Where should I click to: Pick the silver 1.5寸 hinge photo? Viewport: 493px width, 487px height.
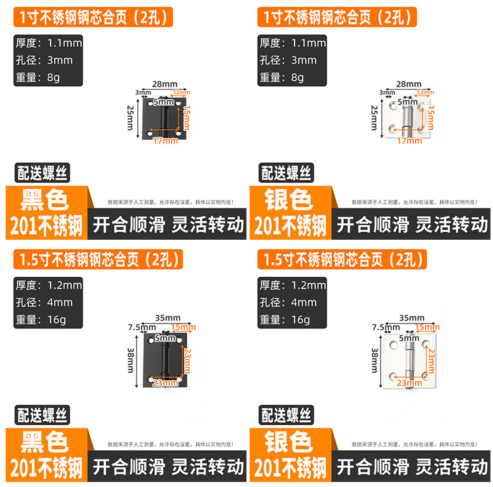[410, 360]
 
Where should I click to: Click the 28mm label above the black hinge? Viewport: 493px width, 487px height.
[165, 84]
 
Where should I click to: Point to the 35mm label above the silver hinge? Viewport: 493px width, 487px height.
[410, 317]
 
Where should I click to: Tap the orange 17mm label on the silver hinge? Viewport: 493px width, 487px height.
[409, 140]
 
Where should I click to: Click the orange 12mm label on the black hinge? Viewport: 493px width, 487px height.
[180, 92]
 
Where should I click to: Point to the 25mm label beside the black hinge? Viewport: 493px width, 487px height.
[130, 117]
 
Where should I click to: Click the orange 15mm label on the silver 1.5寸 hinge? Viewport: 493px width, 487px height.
[427, 327]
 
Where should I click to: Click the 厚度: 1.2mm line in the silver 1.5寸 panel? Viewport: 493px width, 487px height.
[293, 285]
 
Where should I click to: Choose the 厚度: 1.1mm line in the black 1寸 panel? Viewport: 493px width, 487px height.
[48, 43]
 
